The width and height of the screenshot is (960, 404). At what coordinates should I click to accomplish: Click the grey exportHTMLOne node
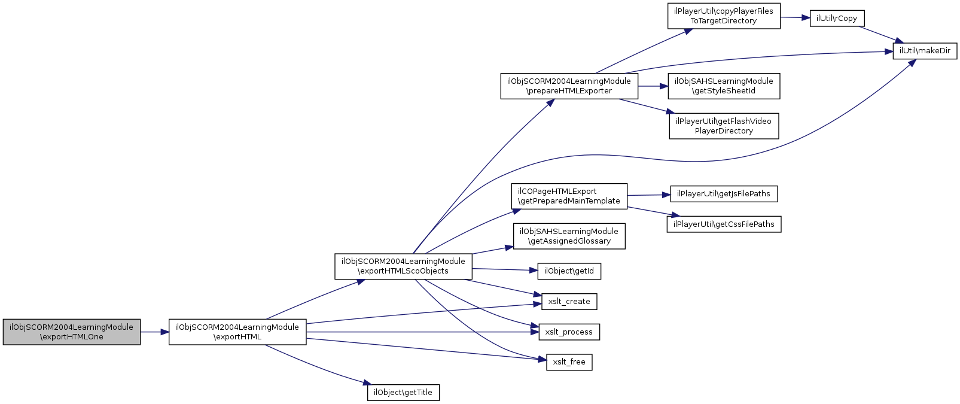click(72, 332)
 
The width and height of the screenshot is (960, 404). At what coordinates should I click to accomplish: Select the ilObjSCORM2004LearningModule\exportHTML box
click(237, 332)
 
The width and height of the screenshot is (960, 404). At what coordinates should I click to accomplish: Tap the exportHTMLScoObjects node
click(403, 266)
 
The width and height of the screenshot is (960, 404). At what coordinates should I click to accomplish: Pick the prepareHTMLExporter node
click(569, 86)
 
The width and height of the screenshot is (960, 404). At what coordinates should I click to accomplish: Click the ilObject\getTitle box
click(403, 393)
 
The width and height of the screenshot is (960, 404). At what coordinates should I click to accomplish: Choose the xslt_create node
click(569, 302)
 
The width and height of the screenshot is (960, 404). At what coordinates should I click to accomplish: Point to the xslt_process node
click(569, 332)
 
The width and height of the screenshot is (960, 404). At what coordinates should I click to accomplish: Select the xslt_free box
click(569, 362)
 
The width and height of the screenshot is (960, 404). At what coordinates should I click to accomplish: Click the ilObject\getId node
click(569, 271)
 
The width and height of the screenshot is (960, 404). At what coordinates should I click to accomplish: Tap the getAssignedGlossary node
click(569, 236)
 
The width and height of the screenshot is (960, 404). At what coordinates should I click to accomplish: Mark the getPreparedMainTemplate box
click(569, 196)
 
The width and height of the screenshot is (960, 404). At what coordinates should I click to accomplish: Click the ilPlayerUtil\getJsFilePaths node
click(724, 194)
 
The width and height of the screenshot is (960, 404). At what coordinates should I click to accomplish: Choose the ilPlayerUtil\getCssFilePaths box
click(724, 224)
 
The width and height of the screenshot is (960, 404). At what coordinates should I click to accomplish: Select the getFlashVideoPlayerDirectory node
click(724, 126)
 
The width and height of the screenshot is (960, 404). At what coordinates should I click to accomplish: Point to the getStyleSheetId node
click(724, 86)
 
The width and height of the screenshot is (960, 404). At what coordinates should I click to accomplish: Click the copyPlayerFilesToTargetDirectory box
click(724, 16)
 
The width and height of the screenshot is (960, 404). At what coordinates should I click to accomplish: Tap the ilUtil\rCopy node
click(837, 19)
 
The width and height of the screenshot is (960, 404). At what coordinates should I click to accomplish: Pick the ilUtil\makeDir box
click(925, 51)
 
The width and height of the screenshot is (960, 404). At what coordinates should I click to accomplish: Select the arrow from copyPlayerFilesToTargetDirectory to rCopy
click(795, 17)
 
